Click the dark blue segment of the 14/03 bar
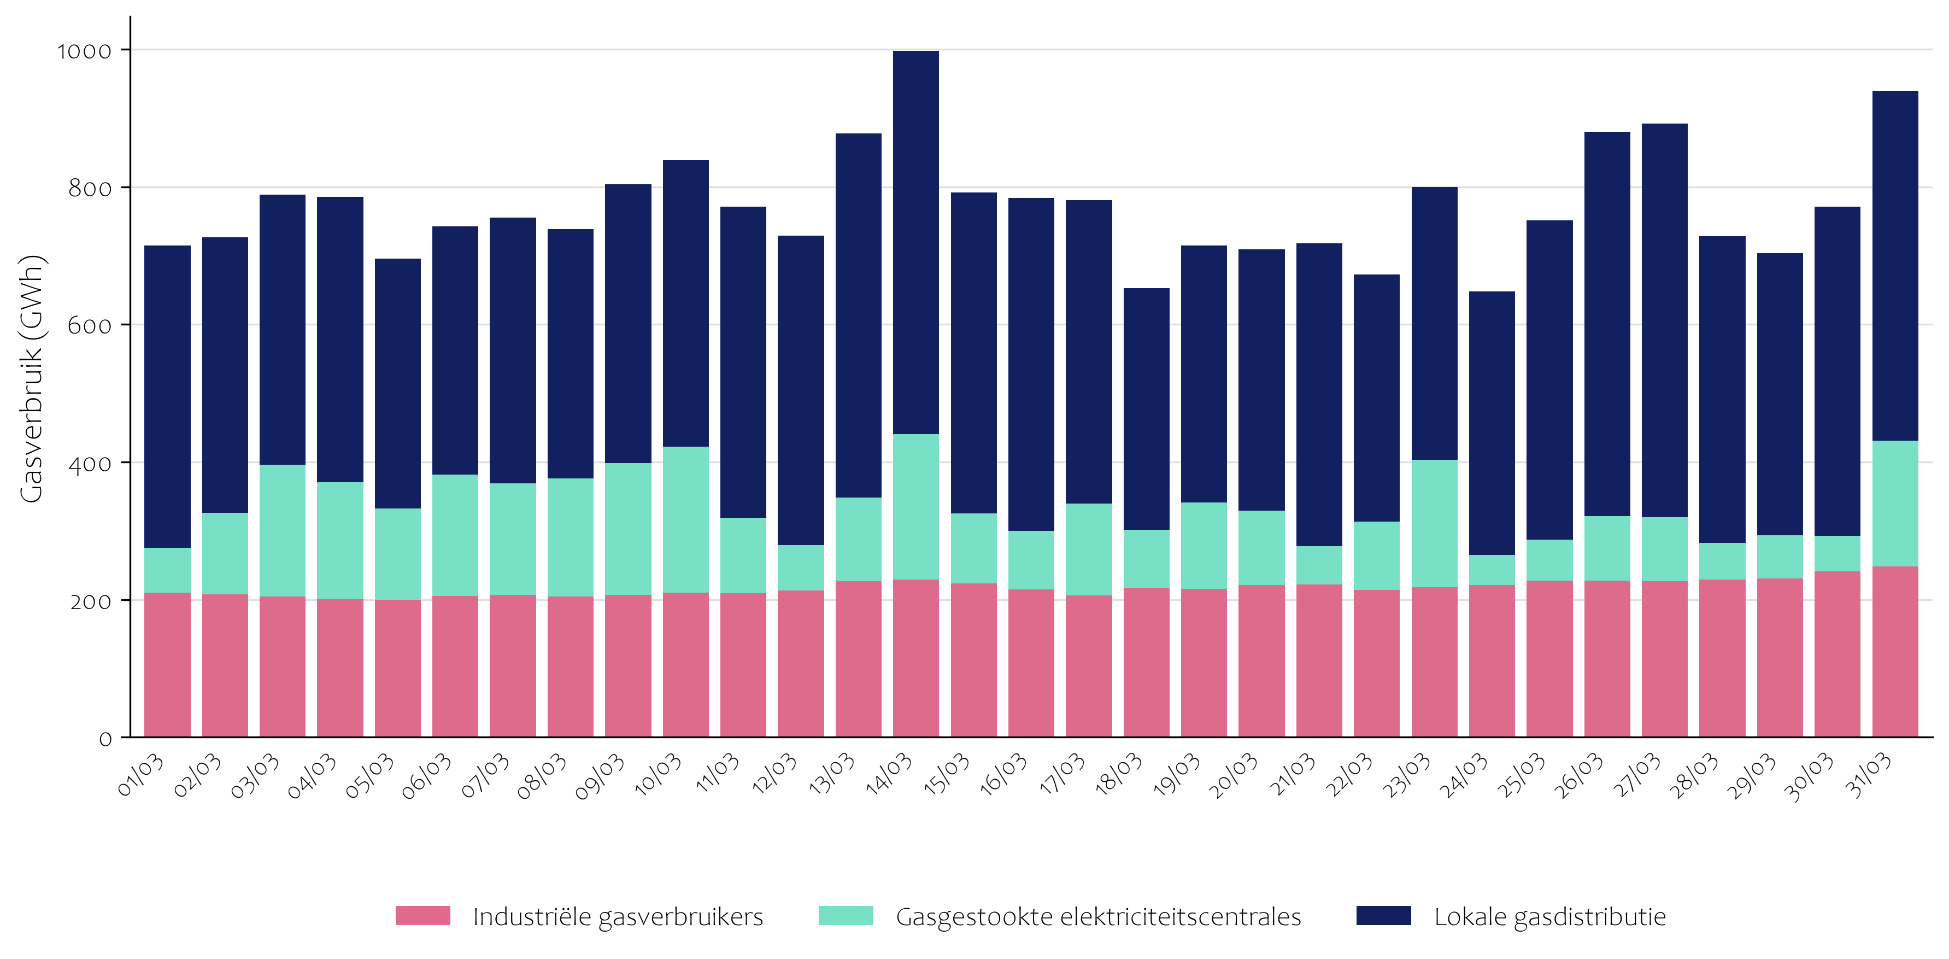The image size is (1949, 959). (x=915, y=242)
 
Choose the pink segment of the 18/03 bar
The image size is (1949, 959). (x=1146, y=662)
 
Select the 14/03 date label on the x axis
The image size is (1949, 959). (x=890, y=774)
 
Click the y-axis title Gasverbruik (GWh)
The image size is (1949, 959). (x=32, y=378)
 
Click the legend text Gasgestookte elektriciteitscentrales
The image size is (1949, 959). (x=1098, y=916)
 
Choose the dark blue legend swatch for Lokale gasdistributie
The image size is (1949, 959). (x=1383, y=916)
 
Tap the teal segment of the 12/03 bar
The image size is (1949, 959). (x=801, y=568)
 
